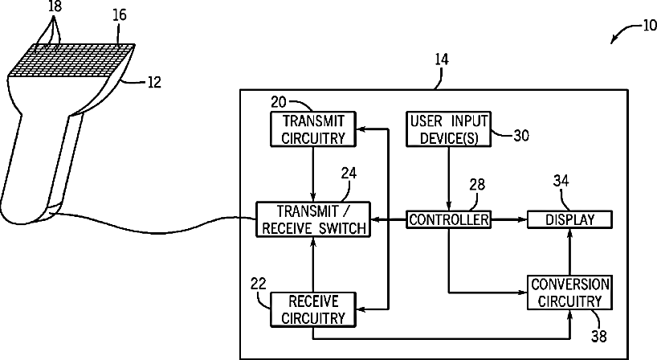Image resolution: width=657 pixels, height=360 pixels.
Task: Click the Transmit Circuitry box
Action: pyautogui.click(x=313, y=129)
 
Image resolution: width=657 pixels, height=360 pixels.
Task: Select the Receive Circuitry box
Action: pyautogui.click(x=313, y=309)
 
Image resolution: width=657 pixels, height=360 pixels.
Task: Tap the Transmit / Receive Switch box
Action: pyautogui.click(x=313, y=219)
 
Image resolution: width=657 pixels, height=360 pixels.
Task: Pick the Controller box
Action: pyautogui.click(x=449, y=219)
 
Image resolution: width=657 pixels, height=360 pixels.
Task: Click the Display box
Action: pyautogui.click(x=569, y=219)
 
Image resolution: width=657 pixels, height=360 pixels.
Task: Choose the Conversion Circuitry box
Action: pyautogui.click(x=569, y=292)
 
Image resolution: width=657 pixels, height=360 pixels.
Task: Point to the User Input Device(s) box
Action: pyautogui.click(x=449, y=129)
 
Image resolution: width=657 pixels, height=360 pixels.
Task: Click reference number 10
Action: pyautogui.click(x=649, y=25)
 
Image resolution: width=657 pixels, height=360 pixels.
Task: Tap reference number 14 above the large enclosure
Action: pyautogui.click(x=442, y=59)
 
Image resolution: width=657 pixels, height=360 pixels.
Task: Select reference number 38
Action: pyautogui.click(x=599, y=336)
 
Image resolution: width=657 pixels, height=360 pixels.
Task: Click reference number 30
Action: pyautogui.click(x=521, y=135)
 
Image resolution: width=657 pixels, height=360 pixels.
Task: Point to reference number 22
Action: pyautogui.click(x=258, y=284)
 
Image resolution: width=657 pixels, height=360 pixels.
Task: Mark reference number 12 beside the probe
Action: pyautogui.click(x=154, y=82)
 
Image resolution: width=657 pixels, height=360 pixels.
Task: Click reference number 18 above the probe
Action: pyautogui.click(x=55, y=6)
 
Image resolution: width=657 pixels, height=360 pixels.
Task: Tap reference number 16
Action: pyautogui.click(x=120, y=14)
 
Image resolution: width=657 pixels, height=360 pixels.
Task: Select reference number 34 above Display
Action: pyautogui.click(x=561, y=181)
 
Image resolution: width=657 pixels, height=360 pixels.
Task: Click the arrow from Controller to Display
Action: pyautogui.click(x=509, y=219)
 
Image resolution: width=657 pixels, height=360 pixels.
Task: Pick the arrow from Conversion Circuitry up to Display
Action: pyautogui.click(x=569, y=252)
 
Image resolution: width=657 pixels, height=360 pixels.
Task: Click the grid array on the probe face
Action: pyautogui.click(x=71, y=60)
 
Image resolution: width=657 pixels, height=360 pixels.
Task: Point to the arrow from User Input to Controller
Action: pyautogui.click(x=449, y=179)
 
